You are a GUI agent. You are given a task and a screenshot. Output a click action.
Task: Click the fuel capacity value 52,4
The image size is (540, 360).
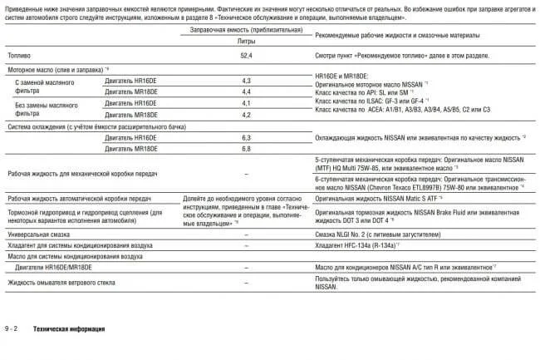click(x=246, y=55)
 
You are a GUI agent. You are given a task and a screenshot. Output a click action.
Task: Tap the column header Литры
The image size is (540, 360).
click(x=246, y=40)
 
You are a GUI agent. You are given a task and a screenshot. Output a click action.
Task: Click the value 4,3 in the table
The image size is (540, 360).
click(x=246, y=81)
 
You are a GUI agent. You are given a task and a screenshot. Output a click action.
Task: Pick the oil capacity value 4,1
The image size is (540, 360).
click(x=246, y=103)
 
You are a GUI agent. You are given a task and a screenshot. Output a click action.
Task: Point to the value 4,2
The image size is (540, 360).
click(x=246, y=114)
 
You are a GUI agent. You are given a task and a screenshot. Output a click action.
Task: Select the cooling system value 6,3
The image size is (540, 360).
click(x=246, y=136)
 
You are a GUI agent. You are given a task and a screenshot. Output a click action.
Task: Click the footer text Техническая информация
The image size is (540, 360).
click(x=69, y=329)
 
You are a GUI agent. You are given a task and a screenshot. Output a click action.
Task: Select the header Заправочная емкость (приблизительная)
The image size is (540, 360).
click(x=245, y=29)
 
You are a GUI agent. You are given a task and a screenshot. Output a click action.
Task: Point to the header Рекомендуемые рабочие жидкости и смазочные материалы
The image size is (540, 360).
click(x=406, y=35)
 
